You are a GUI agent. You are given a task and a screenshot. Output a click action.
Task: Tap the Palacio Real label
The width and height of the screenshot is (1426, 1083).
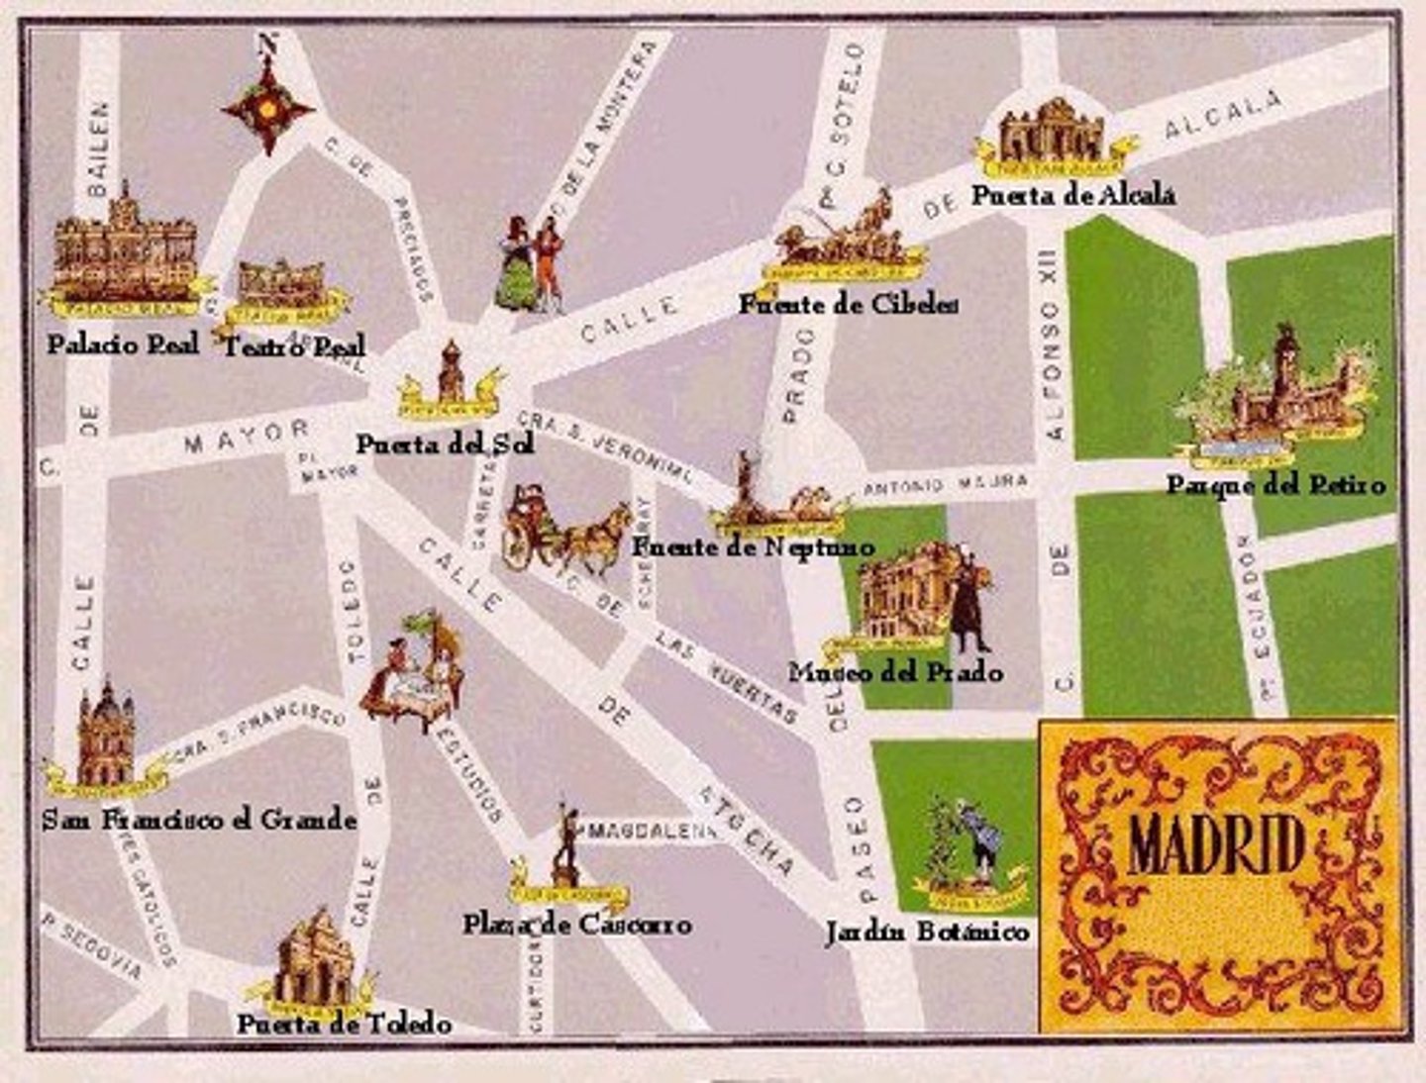click(123, 344)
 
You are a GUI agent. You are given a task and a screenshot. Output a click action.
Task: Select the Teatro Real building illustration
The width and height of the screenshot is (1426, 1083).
click(282, 286)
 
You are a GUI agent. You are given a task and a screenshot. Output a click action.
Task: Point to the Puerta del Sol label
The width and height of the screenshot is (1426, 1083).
click(445, 444)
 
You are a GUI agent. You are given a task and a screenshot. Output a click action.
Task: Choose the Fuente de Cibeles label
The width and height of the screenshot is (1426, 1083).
click(848, 304)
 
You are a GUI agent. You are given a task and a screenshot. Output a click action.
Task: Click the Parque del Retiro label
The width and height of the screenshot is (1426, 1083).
click(1274, 485)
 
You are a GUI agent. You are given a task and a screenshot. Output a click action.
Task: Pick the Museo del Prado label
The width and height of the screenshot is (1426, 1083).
click(895, 672)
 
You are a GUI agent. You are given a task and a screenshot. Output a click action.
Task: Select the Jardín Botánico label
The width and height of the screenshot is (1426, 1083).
click(927, 932)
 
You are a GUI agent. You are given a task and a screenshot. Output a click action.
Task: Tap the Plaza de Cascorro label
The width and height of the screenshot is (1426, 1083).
click(576, 925)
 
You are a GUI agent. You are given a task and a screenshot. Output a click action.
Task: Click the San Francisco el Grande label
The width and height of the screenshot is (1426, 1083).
click(199, 820)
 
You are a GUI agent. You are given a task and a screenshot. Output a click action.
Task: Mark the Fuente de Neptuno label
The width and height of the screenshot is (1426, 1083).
click(753, 546)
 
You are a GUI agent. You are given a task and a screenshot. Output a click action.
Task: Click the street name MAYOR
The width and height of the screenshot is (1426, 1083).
click(247, 437)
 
